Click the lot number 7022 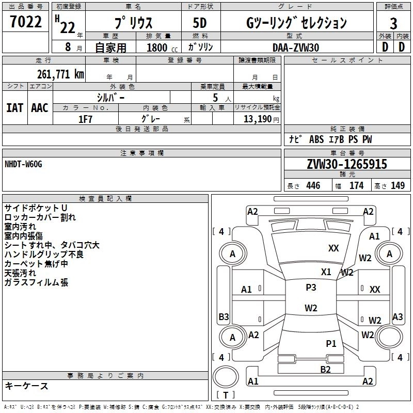coord(26,22)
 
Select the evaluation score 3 coord(393,24)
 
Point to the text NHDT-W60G coord(23,164)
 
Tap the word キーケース coord(26,386)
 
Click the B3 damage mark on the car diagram coord(224,316)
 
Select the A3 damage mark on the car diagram coord(398,316)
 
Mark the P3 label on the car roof coord(311,288)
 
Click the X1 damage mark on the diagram coord(326,272)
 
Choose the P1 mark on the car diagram coord(331,343)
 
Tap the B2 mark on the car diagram coord(325,369)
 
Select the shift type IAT coord(14,108)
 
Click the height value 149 coord(398,186)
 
